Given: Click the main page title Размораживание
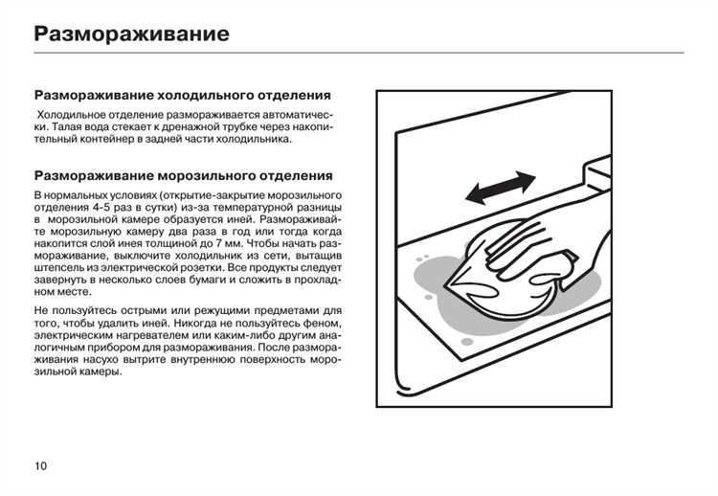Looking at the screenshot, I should click(x=131, y=35).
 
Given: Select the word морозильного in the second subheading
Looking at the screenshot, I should click(x=201, y=176).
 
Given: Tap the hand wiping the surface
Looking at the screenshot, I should click(x=555, y=239).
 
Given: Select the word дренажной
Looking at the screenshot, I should click(x=193, y=126).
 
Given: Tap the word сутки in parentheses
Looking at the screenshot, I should click(x=180, y=208).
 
